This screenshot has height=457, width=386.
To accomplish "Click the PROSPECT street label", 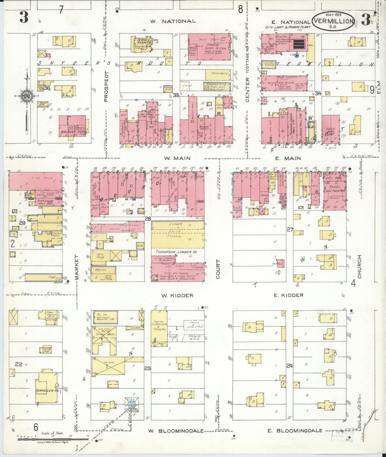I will click(x=106, y=86).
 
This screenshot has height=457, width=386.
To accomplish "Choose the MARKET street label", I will click(x=77, y=267).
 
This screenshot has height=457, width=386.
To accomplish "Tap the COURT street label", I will click(x=218, y=269).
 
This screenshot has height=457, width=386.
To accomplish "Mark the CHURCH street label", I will click(x=360, y=266).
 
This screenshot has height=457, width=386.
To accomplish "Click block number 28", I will click(x=148, y=219).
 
